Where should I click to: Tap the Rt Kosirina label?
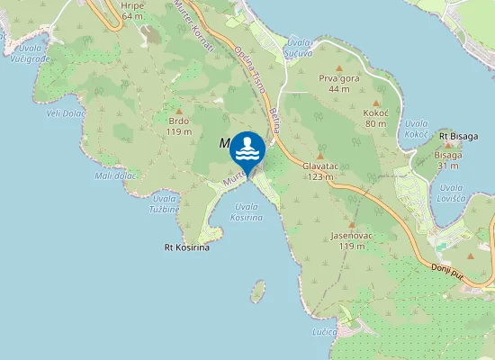coord(186,247)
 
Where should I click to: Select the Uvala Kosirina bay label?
coord(247,212)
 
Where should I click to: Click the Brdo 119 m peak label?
coord(179,126)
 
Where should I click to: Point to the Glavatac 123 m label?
coord(319,171)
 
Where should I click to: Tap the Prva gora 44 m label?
coord(339,84)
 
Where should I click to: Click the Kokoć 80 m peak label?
coord(375,118)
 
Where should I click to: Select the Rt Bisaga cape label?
coord(459,136)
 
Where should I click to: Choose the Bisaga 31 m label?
coord(449,159)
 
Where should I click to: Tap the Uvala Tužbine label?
coord(165,203)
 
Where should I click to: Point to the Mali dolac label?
coord(115,175)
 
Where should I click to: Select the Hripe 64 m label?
coord(131,11)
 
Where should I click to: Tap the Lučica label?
coord(325,332)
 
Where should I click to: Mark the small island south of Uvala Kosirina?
coord(258,291)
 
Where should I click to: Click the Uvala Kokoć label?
coord(417,128)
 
